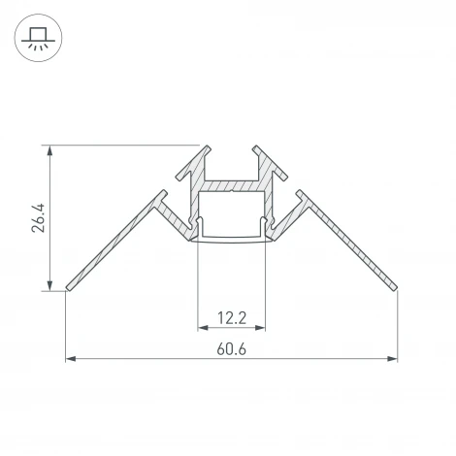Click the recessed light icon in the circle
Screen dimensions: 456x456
[39, 39]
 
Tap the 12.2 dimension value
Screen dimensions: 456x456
[231, 316]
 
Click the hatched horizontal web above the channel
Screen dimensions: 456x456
[231, 184]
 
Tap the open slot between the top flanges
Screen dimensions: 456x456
[231, 160]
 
